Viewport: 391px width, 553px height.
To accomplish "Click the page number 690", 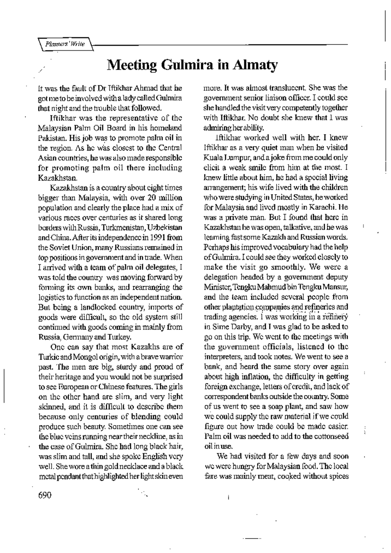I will (45, 495).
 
